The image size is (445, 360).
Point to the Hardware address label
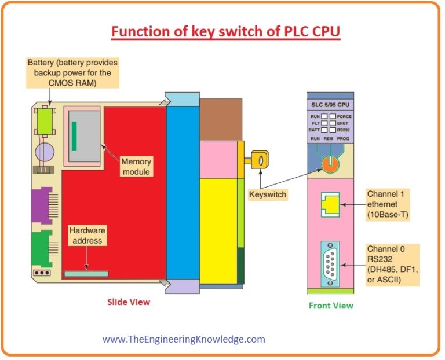pos(87,235)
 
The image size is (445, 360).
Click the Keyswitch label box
pos(267,194)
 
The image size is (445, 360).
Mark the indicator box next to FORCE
pos(333,116)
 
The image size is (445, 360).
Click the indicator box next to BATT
pos(324,130)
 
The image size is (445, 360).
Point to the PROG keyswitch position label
pos(345,140)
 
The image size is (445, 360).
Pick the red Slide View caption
pos(129,302)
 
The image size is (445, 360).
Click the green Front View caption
pos(330,306)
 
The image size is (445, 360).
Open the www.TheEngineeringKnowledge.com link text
pos(184,339)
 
